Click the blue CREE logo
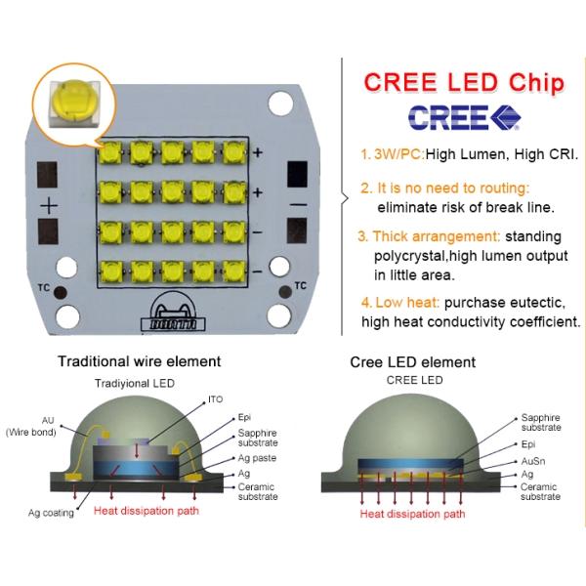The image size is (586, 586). point(464,116)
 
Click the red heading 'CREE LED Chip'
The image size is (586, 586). point(464,82)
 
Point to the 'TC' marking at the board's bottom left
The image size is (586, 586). point(43,288)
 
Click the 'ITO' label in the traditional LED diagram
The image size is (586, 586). point(215,399)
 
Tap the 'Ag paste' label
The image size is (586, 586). point(258,458)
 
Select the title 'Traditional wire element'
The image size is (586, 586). point(139,361)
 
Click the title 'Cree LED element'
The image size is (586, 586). point(413,362)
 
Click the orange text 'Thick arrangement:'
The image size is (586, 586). point(430,236)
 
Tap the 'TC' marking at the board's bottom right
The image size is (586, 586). point(300,286)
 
